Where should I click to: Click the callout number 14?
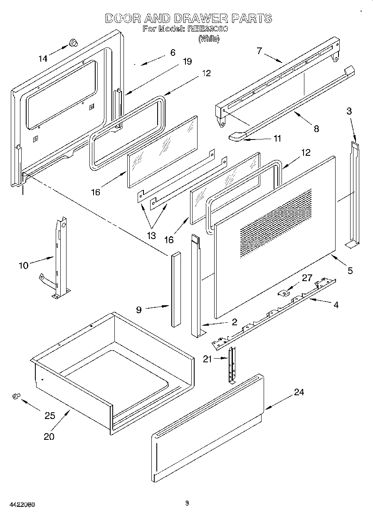(x=43, y=59)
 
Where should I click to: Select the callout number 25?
(x=49, y=415)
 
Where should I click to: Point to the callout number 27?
(x=307, y=278)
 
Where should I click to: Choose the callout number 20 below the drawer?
(x=49, y=436)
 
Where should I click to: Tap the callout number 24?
(x=299, y=392)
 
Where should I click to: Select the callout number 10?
(x=24, y=265)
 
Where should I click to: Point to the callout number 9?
(x=139, y=309)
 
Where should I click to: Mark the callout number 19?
(x=187, y=61)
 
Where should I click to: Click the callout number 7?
(x=259, y=51)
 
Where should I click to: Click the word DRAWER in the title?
(x=201, y=18)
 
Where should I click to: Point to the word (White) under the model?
(x=209, y=39)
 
